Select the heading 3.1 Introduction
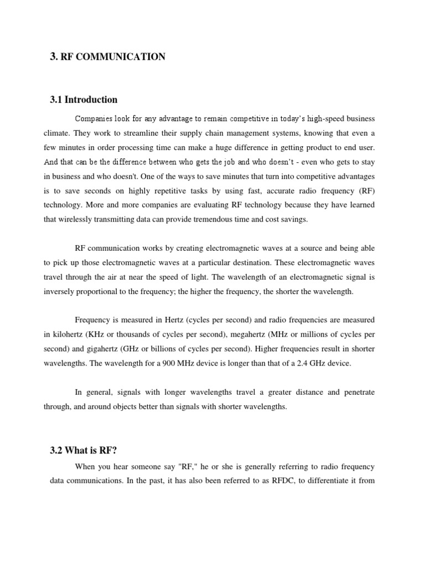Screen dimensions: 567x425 click(x=84, y=100)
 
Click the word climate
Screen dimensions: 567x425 click(x=56, y=133)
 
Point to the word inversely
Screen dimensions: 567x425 click(x=59, y=291)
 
